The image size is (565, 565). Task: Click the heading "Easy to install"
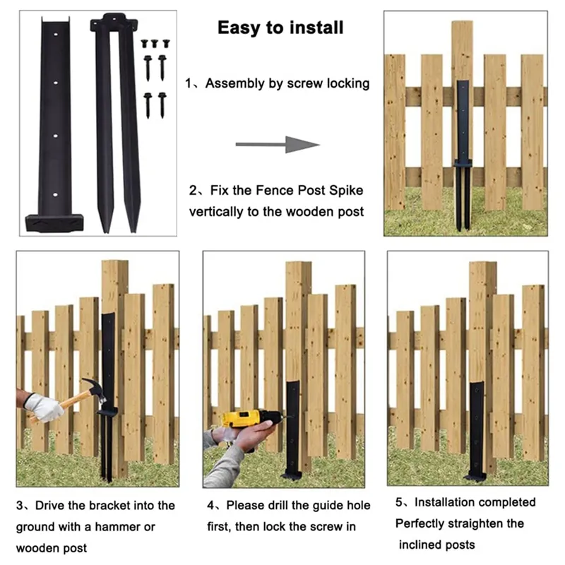(x=280, y=28)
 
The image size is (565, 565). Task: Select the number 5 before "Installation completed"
(x=400, y=503)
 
